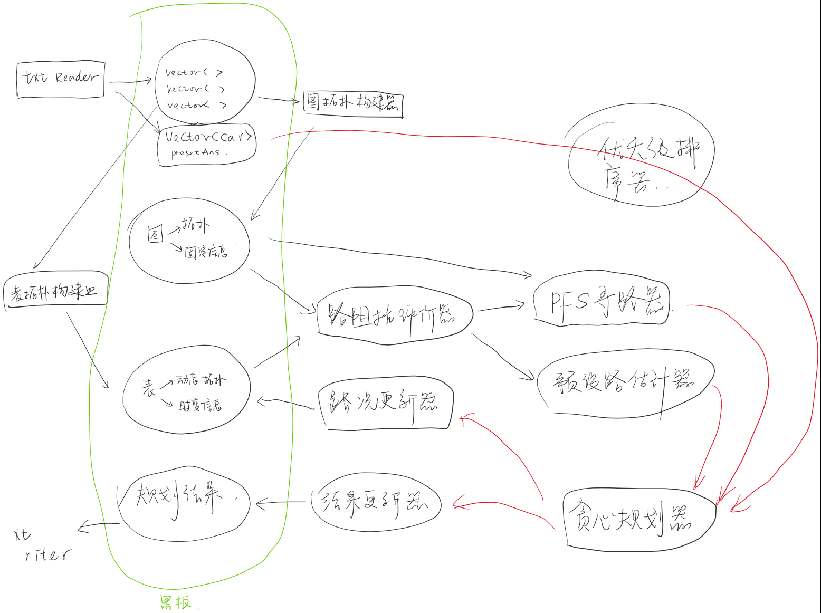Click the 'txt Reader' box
coord(60,79)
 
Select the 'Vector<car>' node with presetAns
coord(207,145)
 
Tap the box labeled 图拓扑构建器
coord(352,103)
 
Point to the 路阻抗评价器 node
coord(394,315)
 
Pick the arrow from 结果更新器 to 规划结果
coord(281,503)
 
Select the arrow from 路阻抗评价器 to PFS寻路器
coord(500,308)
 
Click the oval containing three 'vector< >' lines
coord(205,83)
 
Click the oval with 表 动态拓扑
coord(186,391)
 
